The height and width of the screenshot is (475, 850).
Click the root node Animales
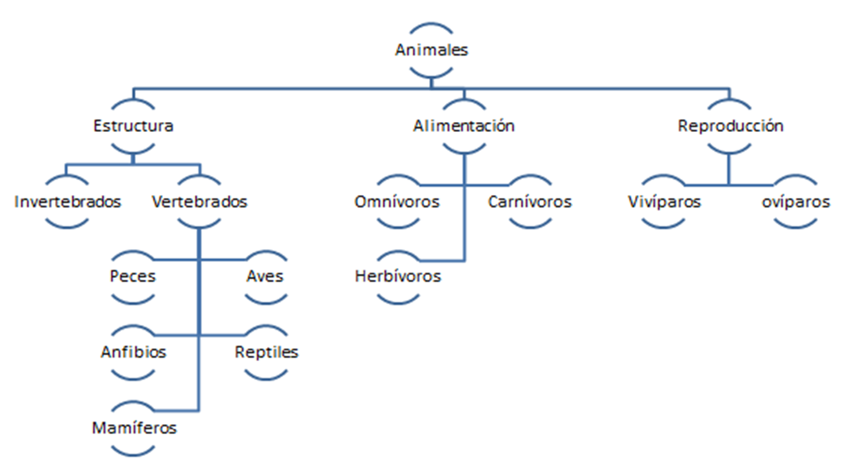432,50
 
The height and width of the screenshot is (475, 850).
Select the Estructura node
133,126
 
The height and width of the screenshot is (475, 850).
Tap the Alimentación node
464,126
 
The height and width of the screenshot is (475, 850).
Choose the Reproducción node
730,126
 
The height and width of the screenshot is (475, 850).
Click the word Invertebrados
68,202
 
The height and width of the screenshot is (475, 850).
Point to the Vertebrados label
199,202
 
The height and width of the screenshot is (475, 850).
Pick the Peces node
133,276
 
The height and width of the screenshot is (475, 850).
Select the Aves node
265,276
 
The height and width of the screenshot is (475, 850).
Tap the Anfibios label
133,352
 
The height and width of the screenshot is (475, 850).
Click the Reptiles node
266,352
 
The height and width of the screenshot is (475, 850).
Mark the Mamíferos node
134,428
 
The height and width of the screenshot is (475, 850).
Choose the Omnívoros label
397,202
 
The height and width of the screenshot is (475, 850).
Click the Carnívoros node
529,202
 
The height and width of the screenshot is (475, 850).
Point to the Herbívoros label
397,276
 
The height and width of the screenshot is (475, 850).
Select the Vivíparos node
663,202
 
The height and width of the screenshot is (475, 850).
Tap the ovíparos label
795,202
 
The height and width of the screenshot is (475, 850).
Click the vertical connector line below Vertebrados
198,297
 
